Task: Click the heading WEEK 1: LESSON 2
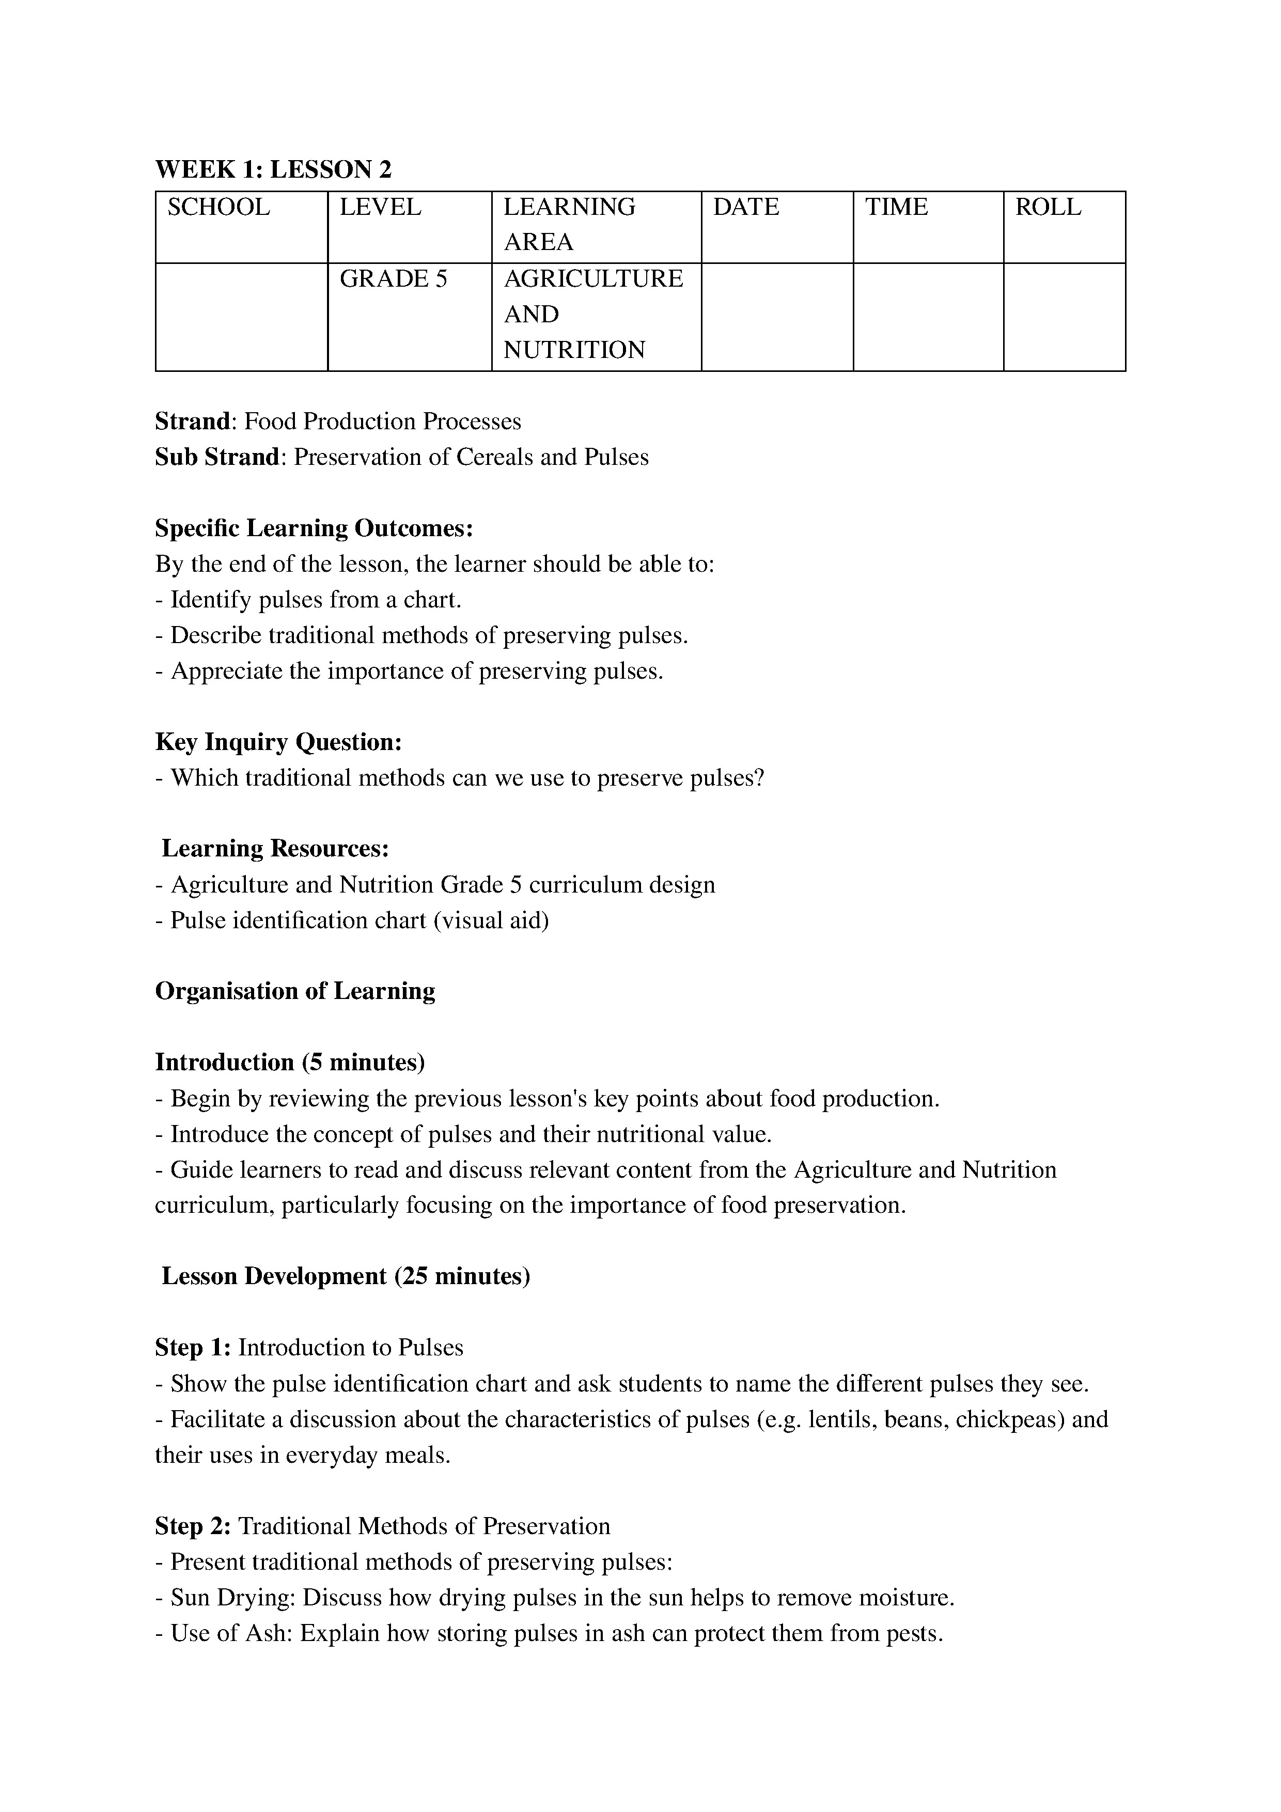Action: pos(273,169)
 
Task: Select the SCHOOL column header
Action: pos(218,208)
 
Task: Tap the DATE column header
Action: pos(746,208)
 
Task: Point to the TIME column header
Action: pos(897,208)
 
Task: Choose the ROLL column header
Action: pos(1048,208)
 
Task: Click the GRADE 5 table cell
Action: pos(393,279)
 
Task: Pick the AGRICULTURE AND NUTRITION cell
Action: pos(593,314)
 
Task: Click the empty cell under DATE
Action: pos(777,317)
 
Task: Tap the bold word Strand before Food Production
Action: pos(192,421)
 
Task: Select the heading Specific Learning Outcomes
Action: pos(314,528)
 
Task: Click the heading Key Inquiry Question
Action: pos(278,742)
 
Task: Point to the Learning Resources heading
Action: pos(275,848)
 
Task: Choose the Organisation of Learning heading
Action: pos(295,991)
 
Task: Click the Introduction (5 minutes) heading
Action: pos(290,1063)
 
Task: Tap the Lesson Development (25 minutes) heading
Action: pos(346,1276)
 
